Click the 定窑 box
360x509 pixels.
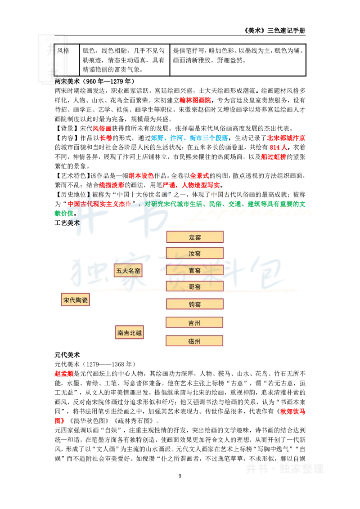tap(195, 237)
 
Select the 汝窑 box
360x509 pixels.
tap(195, 253)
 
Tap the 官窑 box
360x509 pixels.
tap(195, 270)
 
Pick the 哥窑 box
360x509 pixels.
tap(195, 286)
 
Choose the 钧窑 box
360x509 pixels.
tap(195, 304)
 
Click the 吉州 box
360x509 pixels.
tap(195, 322)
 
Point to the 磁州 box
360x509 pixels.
tap(195, 341)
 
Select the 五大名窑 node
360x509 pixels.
tap(128, 271)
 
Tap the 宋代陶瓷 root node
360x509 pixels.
tap(75, 300)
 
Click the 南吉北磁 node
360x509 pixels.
tap(129, 333)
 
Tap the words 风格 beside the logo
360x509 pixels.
tap(63, 50)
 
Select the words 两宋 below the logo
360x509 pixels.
tap(61, 82)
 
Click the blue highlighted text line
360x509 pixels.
tap(189, 138)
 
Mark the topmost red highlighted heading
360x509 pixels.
tap(195, 100)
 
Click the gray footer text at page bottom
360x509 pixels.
tap(284, 468)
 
